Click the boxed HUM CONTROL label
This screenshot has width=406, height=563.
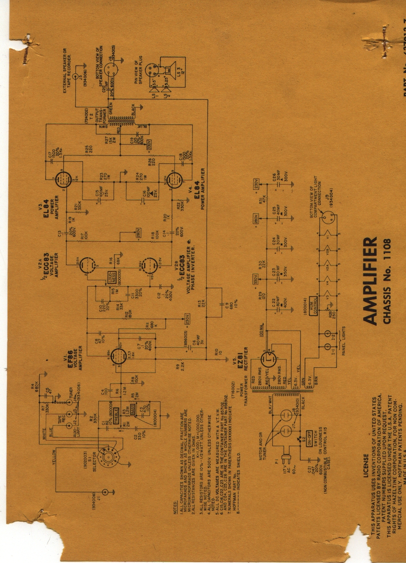coord(311,310)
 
